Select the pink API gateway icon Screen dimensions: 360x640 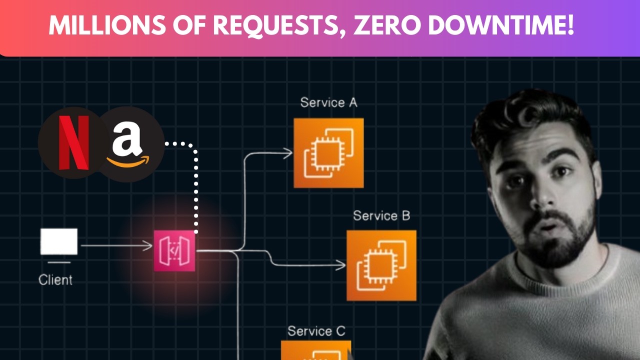click(x=174, y=250)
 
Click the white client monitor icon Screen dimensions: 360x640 click(x=59, y=242)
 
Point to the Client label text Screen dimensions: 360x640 click(x=55, y=279)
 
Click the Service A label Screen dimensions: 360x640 click(x=328, y=103)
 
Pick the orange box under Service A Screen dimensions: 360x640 click(x=328, y=153)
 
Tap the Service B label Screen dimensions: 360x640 click(x=381, y=216)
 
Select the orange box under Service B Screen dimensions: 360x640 click(x=381, y=265)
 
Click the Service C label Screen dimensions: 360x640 click(x=316, y=331)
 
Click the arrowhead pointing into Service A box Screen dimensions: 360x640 click(x=288, y=153)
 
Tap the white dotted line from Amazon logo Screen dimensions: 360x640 click(x=196, y=190)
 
